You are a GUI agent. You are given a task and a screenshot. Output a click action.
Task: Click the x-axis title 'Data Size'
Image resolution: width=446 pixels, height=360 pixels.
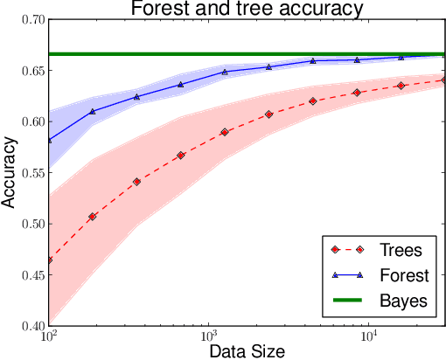click(x=246, y=350)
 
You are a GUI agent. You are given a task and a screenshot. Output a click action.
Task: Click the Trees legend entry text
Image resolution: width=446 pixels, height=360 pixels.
click(x=401, y=251)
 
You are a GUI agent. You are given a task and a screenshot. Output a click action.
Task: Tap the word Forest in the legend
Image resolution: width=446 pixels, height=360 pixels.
click(x=403, y=276)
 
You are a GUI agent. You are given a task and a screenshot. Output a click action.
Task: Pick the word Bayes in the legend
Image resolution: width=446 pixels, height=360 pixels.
click(x=402, y=301)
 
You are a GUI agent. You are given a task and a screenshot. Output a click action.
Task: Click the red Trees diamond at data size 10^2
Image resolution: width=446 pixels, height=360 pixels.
click(x=49, y=260)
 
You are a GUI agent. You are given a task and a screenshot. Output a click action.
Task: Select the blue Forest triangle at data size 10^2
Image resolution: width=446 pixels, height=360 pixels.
click(x=49, y=140)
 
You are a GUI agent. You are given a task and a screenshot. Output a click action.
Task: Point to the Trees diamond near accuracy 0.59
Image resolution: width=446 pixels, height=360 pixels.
click(x=224, y=132)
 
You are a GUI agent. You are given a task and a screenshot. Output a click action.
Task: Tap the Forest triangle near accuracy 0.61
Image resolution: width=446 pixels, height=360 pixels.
click(x=92, y=111)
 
